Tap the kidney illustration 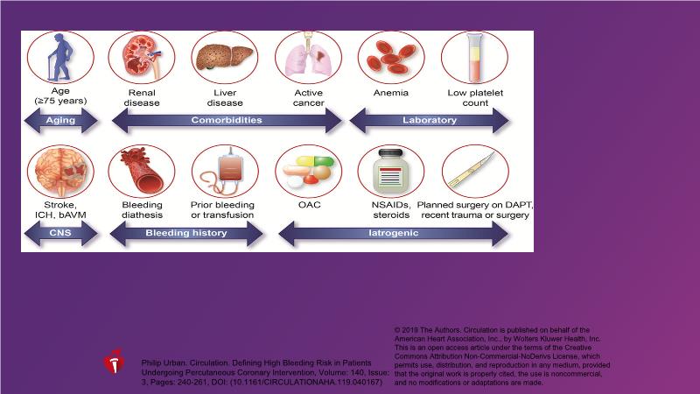coord(141,57)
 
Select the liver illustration coord(224,57)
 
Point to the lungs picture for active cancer coord(308,57)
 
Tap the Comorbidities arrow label coord(226,120)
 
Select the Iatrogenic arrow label coord(395,233)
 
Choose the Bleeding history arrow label coord(185,233)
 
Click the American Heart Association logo coord(115,363)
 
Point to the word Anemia coord(390,91)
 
